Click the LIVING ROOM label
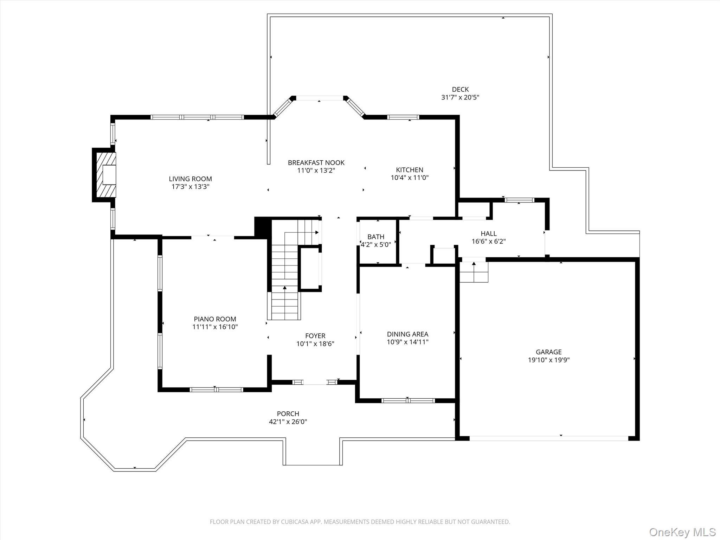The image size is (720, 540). coord(190,179)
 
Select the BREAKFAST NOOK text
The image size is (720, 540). coord(316,162)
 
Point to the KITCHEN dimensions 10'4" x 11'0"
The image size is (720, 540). coord(410,178)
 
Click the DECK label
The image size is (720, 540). coord(460,89)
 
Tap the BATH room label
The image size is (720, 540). coord(376,237)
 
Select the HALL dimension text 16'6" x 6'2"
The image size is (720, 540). coord(488,242)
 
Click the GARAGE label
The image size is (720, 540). coord(548,352)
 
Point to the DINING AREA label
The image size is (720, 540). coord(407,334)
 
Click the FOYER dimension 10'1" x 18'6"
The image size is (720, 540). coord(315,344)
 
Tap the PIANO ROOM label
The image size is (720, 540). coord(215,319)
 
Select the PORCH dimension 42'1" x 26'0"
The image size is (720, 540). coord(288,422)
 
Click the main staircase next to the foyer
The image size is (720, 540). coord(285,281)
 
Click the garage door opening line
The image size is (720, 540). coord(548,438)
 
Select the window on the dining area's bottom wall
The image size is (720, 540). coord(408,400)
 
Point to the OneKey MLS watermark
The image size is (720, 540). coord(682,532)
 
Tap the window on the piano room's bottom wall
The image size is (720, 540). coord(216,390)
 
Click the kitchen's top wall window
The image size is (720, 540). coord(403,117)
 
